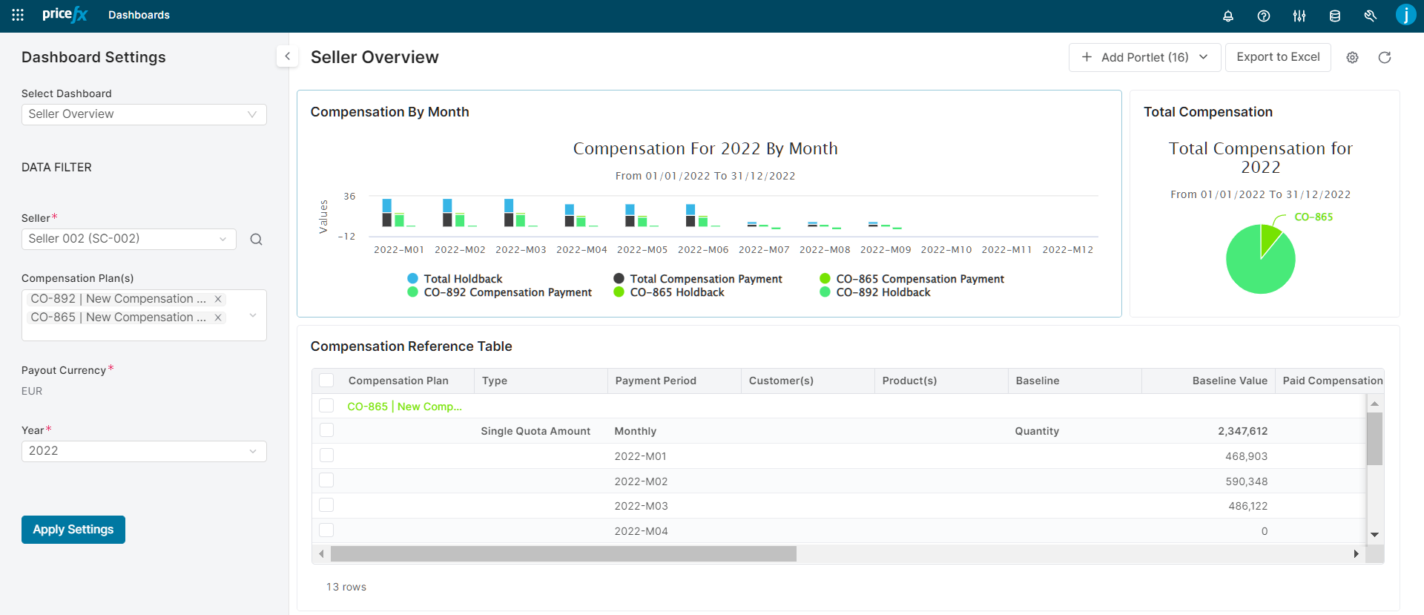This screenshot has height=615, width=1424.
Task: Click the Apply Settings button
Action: (x=73, y=530)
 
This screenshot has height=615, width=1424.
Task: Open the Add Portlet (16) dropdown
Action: (x=1144, y=57)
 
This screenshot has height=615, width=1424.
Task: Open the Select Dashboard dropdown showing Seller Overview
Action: (x=143, y=114)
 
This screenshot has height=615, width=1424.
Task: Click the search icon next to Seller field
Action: (x=256, y=240)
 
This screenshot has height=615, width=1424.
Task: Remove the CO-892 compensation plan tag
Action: (x=218, y=299)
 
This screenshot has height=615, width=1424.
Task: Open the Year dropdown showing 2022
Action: (x=143, y=451)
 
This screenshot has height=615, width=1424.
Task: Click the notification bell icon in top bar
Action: (x=1227, y=16)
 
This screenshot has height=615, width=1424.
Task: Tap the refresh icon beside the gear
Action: (x=1384, y=57)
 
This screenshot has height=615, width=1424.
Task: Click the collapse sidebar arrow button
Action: (x=287, y=56)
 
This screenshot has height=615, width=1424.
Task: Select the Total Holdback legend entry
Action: (x=462, y=279)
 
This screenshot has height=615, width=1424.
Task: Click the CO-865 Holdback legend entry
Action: (x=676, y=292)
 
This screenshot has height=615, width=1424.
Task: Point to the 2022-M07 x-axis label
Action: (x=763, y=250)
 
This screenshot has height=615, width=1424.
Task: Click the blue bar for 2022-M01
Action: (x=386, y=205)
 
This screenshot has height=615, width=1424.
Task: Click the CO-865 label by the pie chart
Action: (x=1313, y=217)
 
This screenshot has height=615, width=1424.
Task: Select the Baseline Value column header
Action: (x=1229, y=381)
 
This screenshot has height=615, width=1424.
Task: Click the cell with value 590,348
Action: (x=1246, y=481)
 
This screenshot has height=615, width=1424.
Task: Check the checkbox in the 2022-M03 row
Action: (x=326, y=505)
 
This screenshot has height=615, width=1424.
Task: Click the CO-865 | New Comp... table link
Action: (x=404, y=407)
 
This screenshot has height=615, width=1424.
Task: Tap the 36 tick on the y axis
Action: (x=349, y=197)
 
